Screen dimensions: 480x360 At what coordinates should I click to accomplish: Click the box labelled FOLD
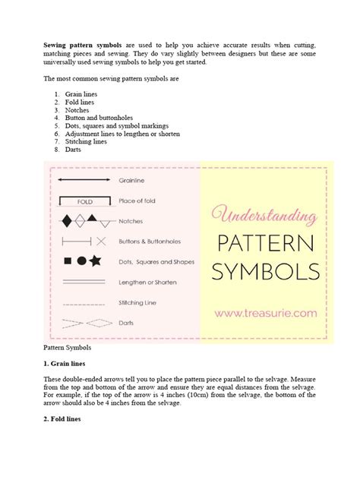(x=84, y=202)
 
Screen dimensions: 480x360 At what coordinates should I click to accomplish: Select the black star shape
(x=95, y=261)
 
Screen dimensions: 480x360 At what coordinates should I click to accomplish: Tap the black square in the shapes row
(x=67, y=262)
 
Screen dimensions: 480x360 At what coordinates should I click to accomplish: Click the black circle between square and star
(x=81, y=262)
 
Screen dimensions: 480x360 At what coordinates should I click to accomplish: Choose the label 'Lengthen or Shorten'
(x=148, y=282)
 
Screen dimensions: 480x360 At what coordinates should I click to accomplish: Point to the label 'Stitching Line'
(x=138, y=302)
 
